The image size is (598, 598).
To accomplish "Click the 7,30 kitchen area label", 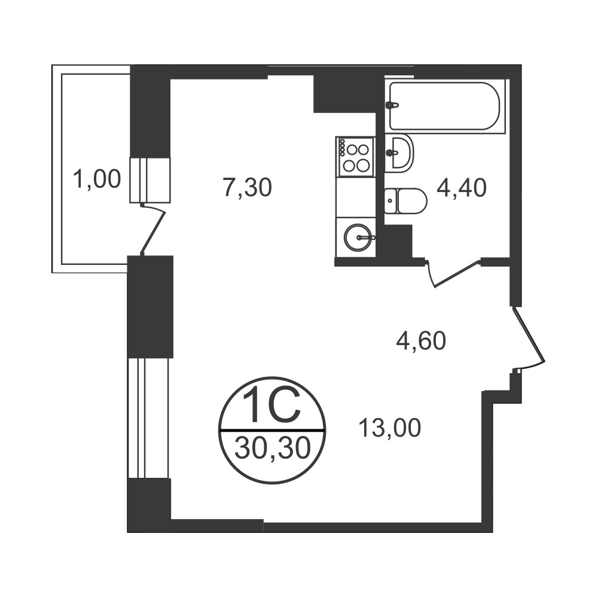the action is coord(248,188).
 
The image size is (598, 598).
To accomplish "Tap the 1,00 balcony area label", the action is coord(97,179).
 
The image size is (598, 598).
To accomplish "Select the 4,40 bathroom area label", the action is coord(462,188).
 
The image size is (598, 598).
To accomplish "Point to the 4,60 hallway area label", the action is coord(421,341).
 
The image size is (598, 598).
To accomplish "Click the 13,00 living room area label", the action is coord(390,428).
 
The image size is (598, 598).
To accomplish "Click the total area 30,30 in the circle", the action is coord(272,448).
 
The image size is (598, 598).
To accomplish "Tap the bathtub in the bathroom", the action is coord(445,106).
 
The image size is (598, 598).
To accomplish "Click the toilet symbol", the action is coord(406,201).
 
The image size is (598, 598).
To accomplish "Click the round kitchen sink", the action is coord(358,237).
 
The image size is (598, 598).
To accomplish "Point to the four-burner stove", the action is coord(355,156).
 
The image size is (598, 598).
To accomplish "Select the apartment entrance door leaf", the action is coord(529,335).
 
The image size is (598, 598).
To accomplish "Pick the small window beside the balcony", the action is coord(150,179).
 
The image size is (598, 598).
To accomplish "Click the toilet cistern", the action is coord(390,201).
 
